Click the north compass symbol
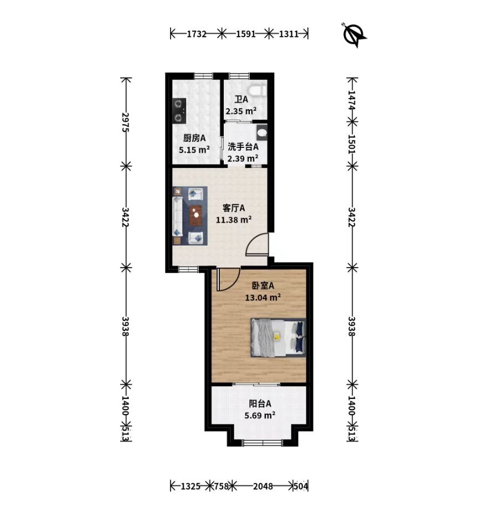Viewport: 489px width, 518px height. click(x=354, y=35)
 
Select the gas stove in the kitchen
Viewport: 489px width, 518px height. click(x=179, y=111)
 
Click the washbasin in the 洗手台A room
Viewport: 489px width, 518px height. click(x=262, y=132)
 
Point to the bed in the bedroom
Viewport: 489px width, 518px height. click(x=278, y=337)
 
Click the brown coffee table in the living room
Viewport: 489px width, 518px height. click(x=196, y=216)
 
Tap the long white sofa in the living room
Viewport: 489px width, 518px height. click(x=177, y=217)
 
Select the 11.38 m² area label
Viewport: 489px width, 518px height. click(x=234, y=219)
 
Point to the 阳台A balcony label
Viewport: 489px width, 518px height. click(x=260, y=403)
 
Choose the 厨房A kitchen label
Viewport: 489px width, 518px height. click(x=194, y=138)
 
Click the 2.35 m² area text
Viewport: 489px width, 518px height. click(x=241, y=111)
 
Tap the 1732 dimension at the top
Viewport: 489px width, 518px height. click(x=197, y=34)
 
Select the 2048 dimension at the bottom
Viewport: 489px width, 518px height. click(x=263, y=486)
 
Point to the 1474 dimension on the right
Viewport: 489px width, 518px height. click(x=352, y=100)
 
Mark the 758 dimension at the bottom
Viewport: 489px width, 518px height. click(x=222, y=486)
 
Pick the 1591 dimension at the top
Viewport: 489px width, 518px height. click(x=246, y=34)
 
